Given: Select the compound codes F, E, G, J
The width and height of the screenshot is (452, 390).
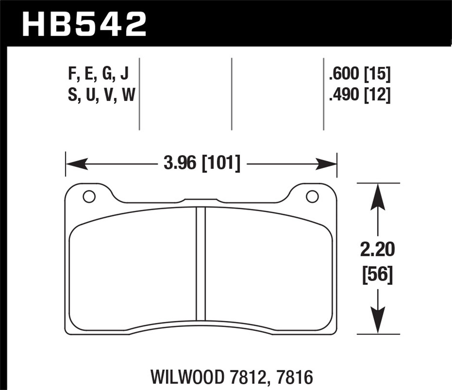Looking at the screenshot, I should pyautogui.click(x=99, y=74).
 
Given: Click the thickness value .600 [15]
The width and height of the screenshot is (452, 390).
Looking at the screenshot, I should pyautogui.click(x=360, y=74).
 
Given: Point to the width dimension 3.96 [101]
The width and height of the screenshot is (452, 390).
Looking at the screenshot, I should pyautogui.click(x=202, y=164).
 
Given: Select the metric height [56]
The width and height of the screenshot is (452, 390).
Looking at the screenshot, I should pyautogui.click(x=377, y=275).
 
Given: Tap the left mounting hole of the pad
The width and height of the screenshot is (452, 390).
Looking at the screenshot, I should pyautogui.click(x=89, y=197).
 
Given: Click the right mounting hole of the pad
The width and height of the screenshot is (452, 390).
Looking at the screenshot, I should pyautogui.click(x=312, y=197).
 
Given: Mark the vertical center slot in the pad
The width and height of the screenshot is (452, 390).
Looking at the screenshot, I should pyautogui.click(x=201, y=264).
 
